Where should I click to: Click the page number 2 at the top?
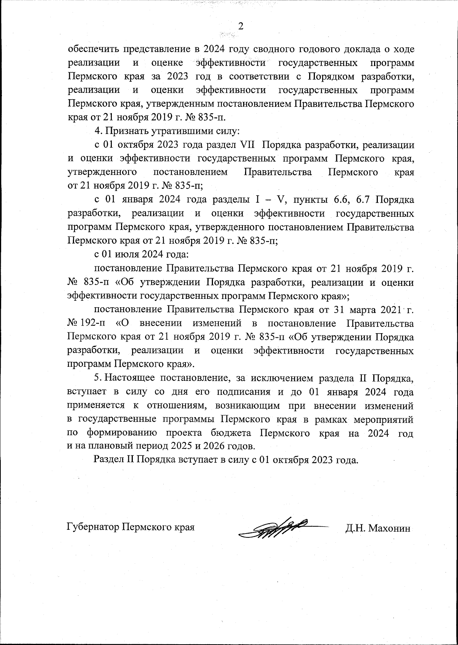pyautogui.click(x=240, y=26)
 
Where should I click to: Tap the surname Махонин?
pyautogui.click(x=390, y=528)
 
